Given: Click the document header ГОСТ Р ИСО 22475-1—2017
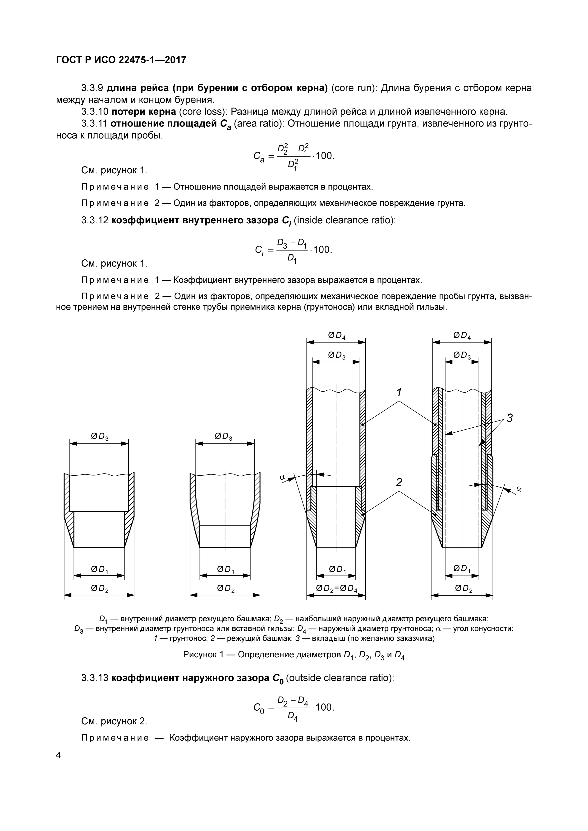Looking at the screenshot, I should coord(121,60).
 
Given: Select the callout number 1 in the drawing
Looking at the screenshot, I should coord(399,392).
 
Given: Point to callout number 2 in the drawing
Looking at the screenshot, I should coord(399,482).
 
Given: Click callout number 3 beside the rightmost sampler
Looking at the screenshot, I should coord(509,418).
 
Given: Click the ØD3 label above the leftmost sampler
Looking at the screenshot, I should coord(99,437).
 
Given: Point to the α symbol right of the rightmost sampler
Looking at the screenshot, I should coord(519,489).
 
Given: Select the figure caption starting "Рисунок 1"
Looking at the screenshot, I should coord(294,655).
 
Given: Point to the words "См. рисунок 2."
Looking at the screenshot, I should coord(114,721).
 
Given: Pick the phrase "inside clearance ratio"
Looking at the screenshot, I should coord(345,220).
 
